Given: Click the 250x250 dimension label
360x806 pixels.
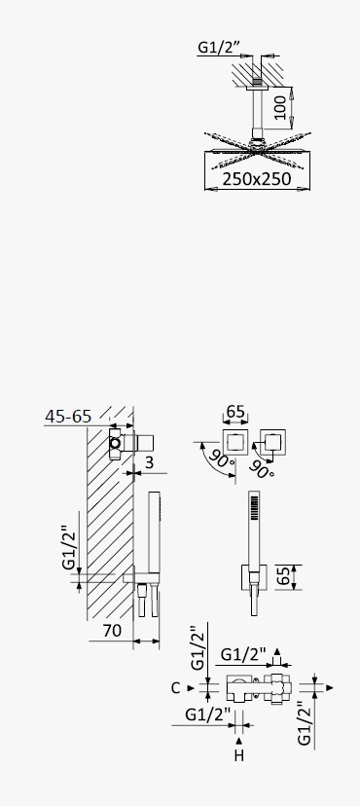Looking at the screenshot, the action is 257,179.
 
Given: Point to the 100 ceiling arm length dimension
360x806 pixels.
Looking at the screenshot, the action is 280,107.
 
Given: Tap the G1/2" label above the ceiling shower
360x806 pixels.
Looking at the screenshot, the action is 219,48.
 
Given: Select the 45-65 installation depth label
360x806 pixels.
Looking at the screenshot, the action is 68,416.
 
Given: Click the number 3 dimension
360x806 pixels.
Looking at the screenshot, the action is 149,462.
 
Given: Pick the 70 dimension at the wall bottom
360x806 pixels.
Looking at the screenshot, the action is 113,630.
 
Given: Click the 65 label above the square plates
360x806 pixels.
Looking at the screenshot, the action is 235,413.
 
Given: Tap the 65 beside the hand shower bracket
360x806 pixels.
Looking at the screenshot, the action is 283,576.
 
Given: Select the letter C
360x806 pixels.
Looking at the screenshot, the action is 176,688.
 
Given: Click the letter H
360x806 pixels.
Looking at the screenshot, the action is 238,755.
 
